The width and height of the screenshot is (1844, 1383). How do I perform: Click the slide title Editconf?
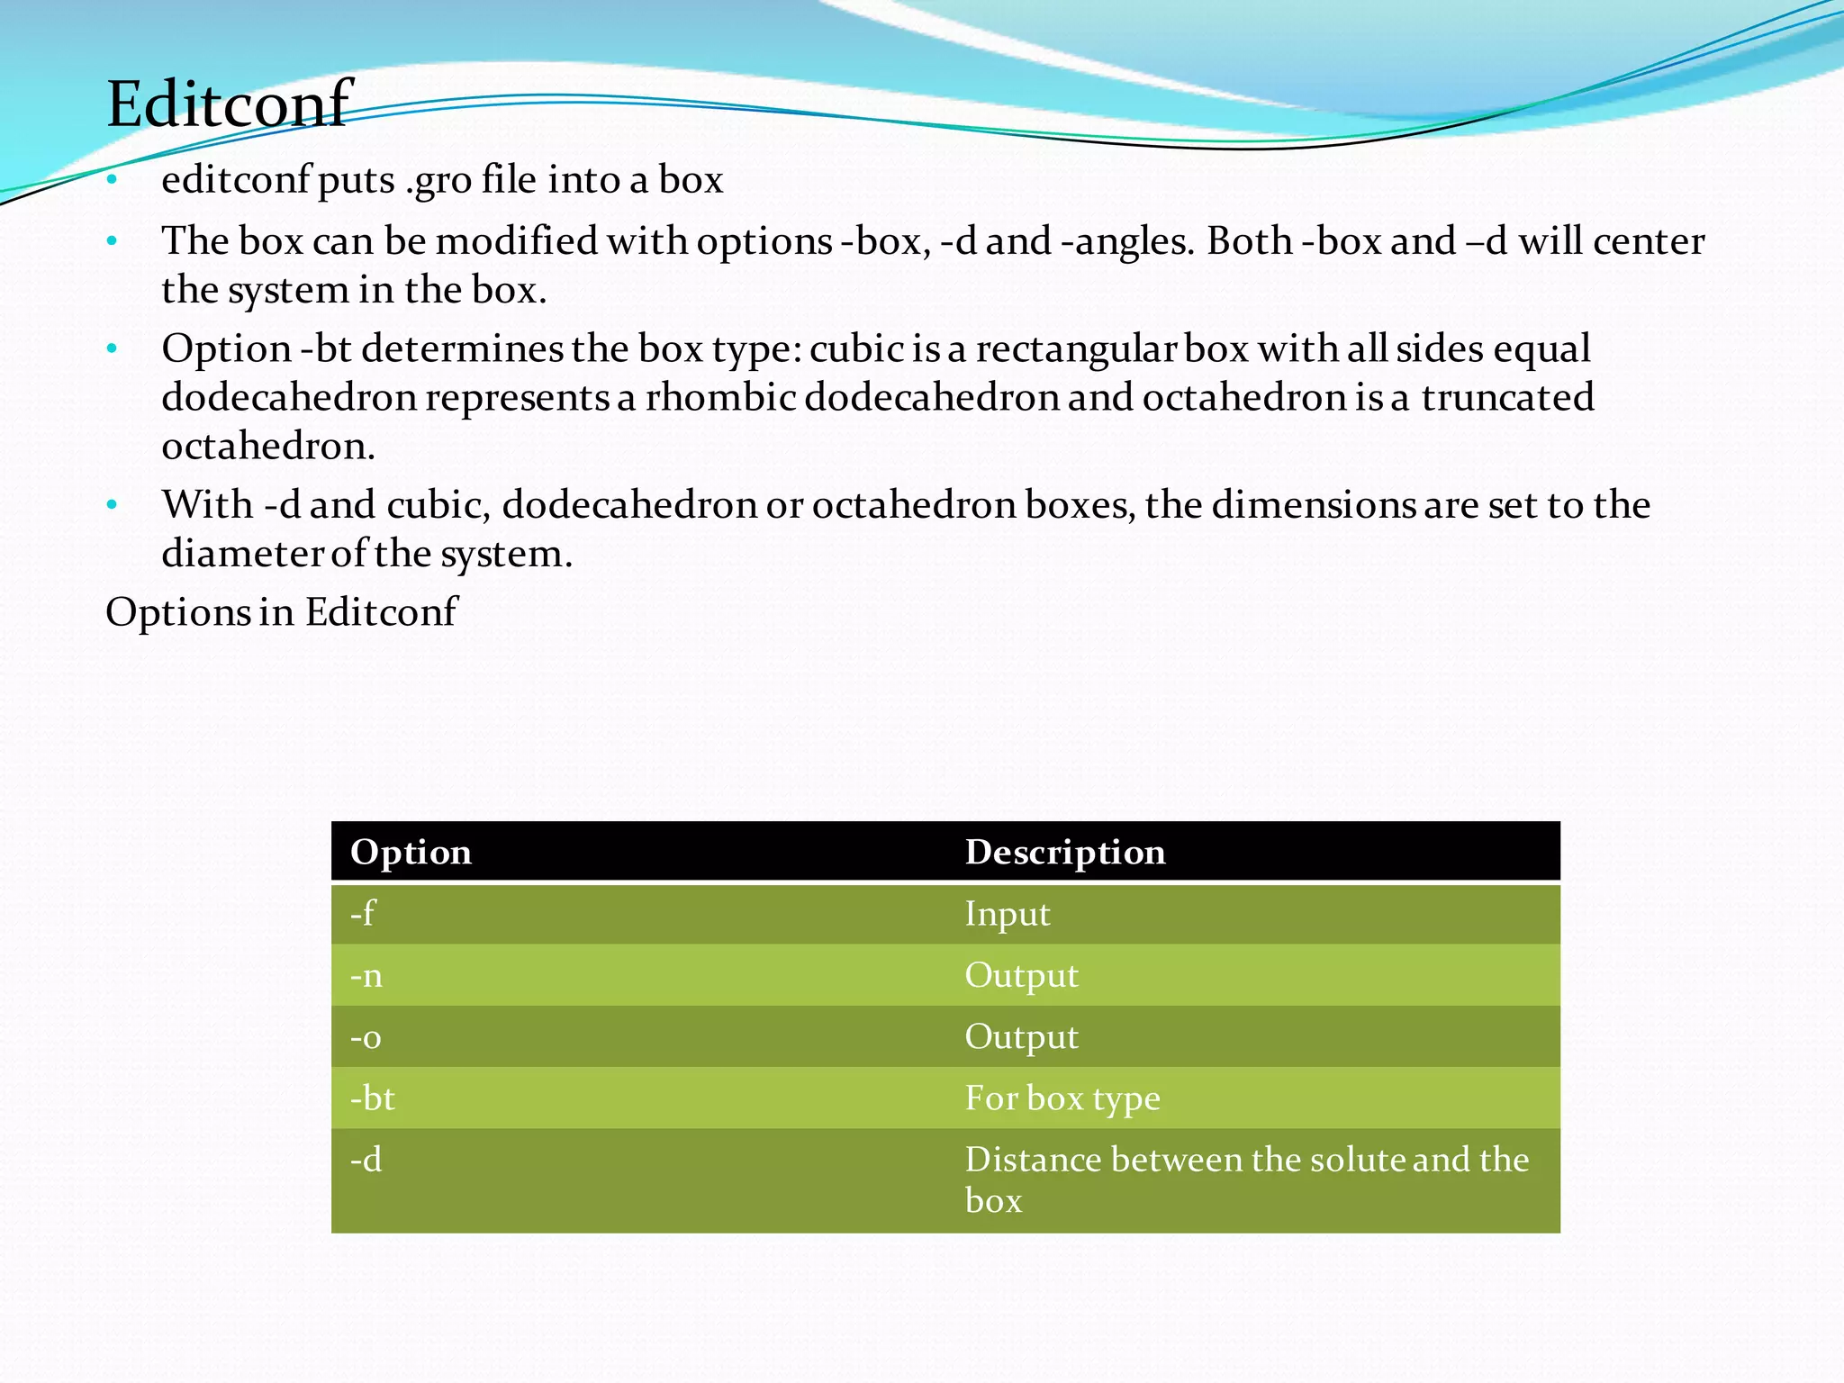pos(229,104)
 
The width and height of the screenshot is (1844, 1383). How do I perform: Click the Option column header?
pos(411,852)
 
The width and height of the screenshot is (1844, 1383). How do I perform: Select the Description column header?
pos(1065,852)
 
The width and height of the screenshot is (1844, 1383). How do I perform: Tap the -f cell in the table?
pos(362,914)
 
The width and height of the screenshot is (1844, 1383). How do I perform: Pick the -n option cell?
pos(366,975)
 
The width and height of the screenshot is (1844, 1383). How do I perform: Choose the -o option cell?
pos(366,1037)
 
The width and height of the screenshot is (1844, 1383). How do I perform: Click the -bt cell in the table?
pos(373,1098)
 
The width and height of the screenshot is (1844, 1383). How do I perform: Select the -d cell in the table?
pos(366,1160)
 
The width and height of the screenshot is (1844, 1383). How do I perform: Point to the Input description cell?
pos(1008,914)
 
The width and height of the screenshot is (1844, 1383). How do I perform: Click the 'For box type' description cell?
pos(1062,1098)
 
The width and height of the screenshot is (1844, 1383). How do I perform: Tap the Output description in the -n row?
pos(1022,975)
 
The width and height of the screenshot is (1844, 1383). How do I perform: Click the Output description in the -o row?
pos(1022,1037)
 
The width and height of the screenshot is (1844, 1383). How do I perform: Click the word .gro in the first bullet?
pos(438,181)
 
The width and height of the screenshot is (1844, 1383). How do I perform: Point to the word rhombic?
pos(719,397)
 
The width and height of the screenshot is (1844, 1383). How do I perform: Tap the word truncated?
pos(1507,397)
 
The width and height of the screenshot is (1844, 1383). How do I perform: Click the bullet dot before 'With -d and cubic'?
pos(112,505)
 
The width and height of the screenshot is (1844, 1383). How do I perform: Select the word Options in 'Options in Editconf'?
pos(177,612)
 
